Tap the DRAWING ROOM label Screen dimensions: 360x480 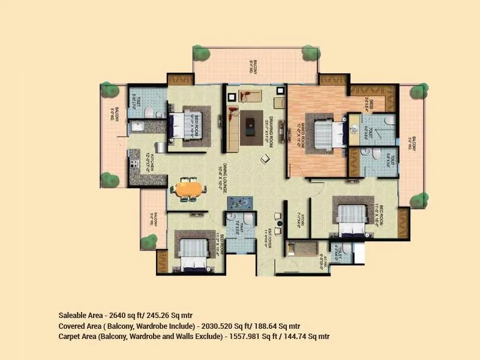pyautogui.click(x=271, y=127)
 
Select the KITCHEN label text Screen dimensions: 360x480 pyautogui.click(x=152, y=162)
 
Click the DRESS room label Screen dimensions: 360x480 pyautogui.click(x=370, y=105)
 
